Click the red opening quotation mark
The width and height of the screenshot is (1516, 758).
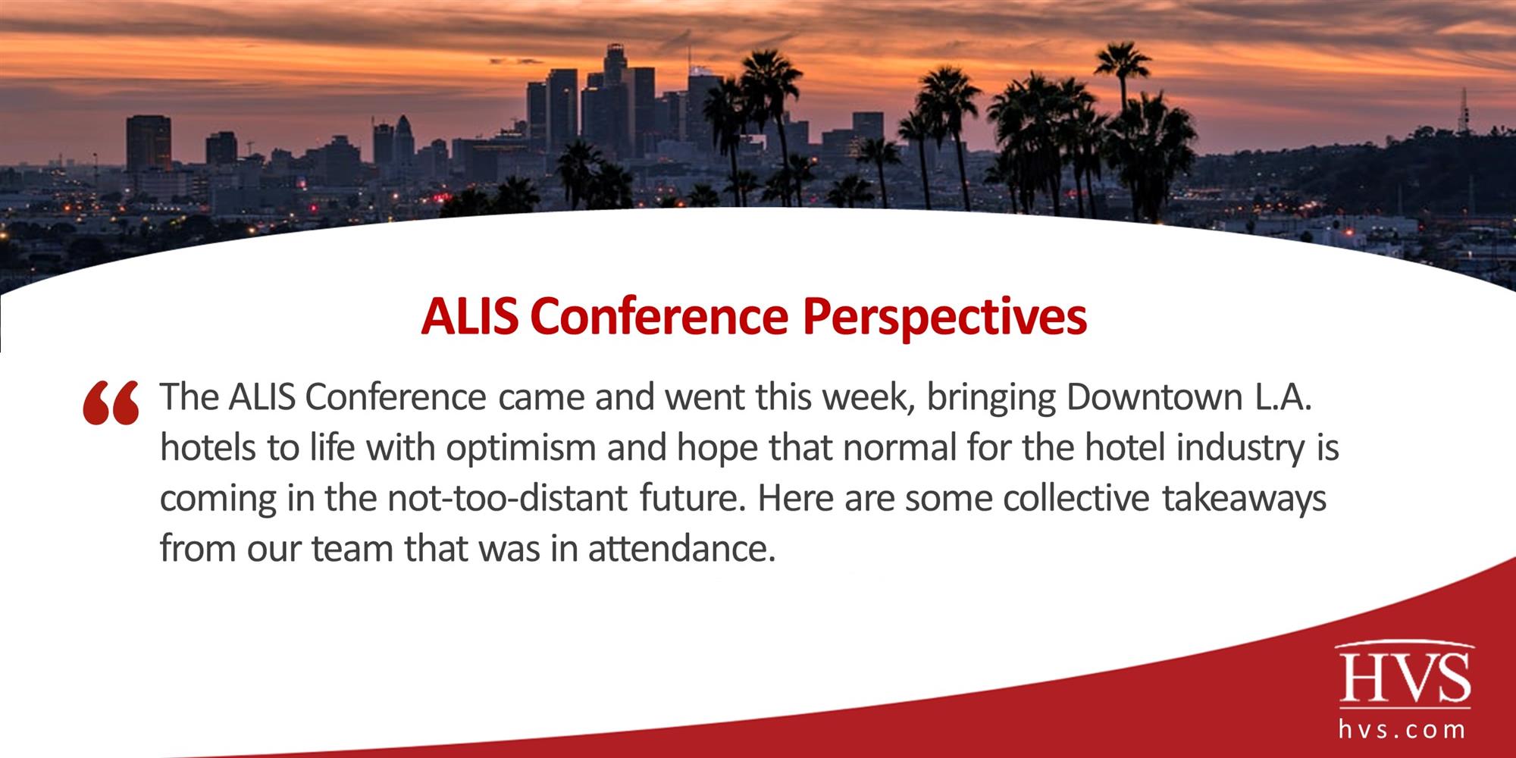(111, 403)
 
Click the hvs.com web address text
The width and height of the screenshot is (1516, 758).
(1401, 730)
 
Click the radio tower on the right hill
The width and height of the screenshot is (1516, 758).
(1464, 114)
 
